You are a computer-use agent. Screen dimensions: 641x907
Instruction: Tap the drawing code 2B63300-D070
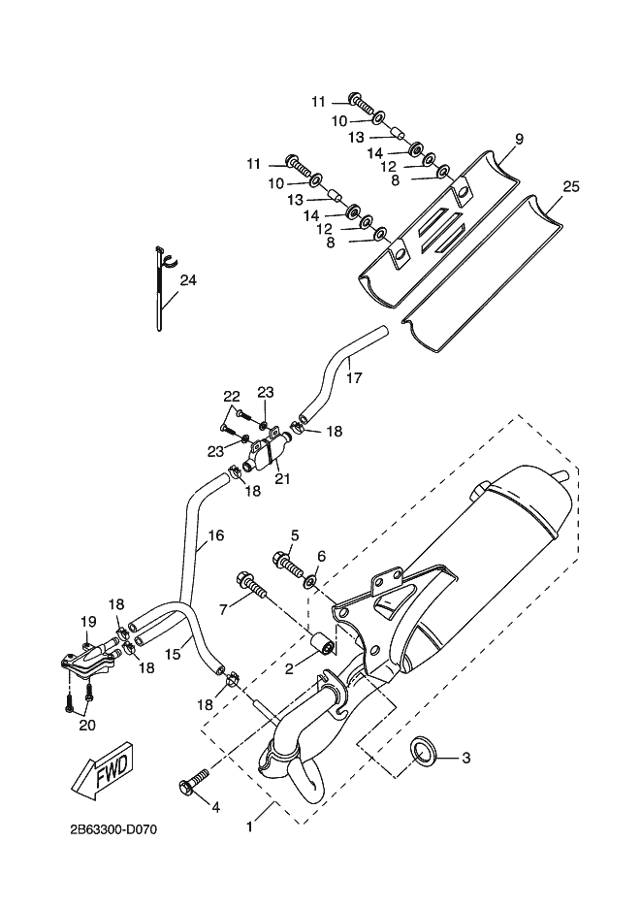click(113, 830)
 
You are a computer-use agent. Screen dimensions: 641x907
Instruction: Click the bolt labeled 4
click(192, 781)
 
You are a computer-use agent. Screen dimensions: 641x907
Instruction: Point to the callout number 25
click(571, 187)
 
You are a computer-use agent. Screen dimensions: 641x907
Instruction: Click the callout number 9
click(519, 139)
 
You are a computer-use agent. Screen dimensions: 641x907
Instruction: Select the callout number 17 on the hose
click(354, 377)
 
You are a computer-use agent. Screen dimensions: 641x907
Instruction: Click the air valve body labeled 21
click(267, 453)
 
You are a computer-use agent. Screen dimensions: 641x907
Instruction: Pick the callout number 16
click(215, 535)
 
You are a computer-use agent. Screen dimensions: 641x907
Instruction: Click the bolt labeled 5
click(288, 566)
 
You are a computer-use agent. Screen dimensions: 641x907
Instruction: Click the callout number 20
click(86, 725)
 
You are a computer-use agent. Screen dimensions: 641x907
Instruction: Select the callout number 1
click(249, 827)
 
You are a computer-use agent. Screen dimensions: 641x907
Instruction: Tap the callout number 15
click(173, 654)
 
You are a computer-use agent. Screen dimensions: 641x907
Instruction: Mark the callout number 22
click(231, 397)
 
